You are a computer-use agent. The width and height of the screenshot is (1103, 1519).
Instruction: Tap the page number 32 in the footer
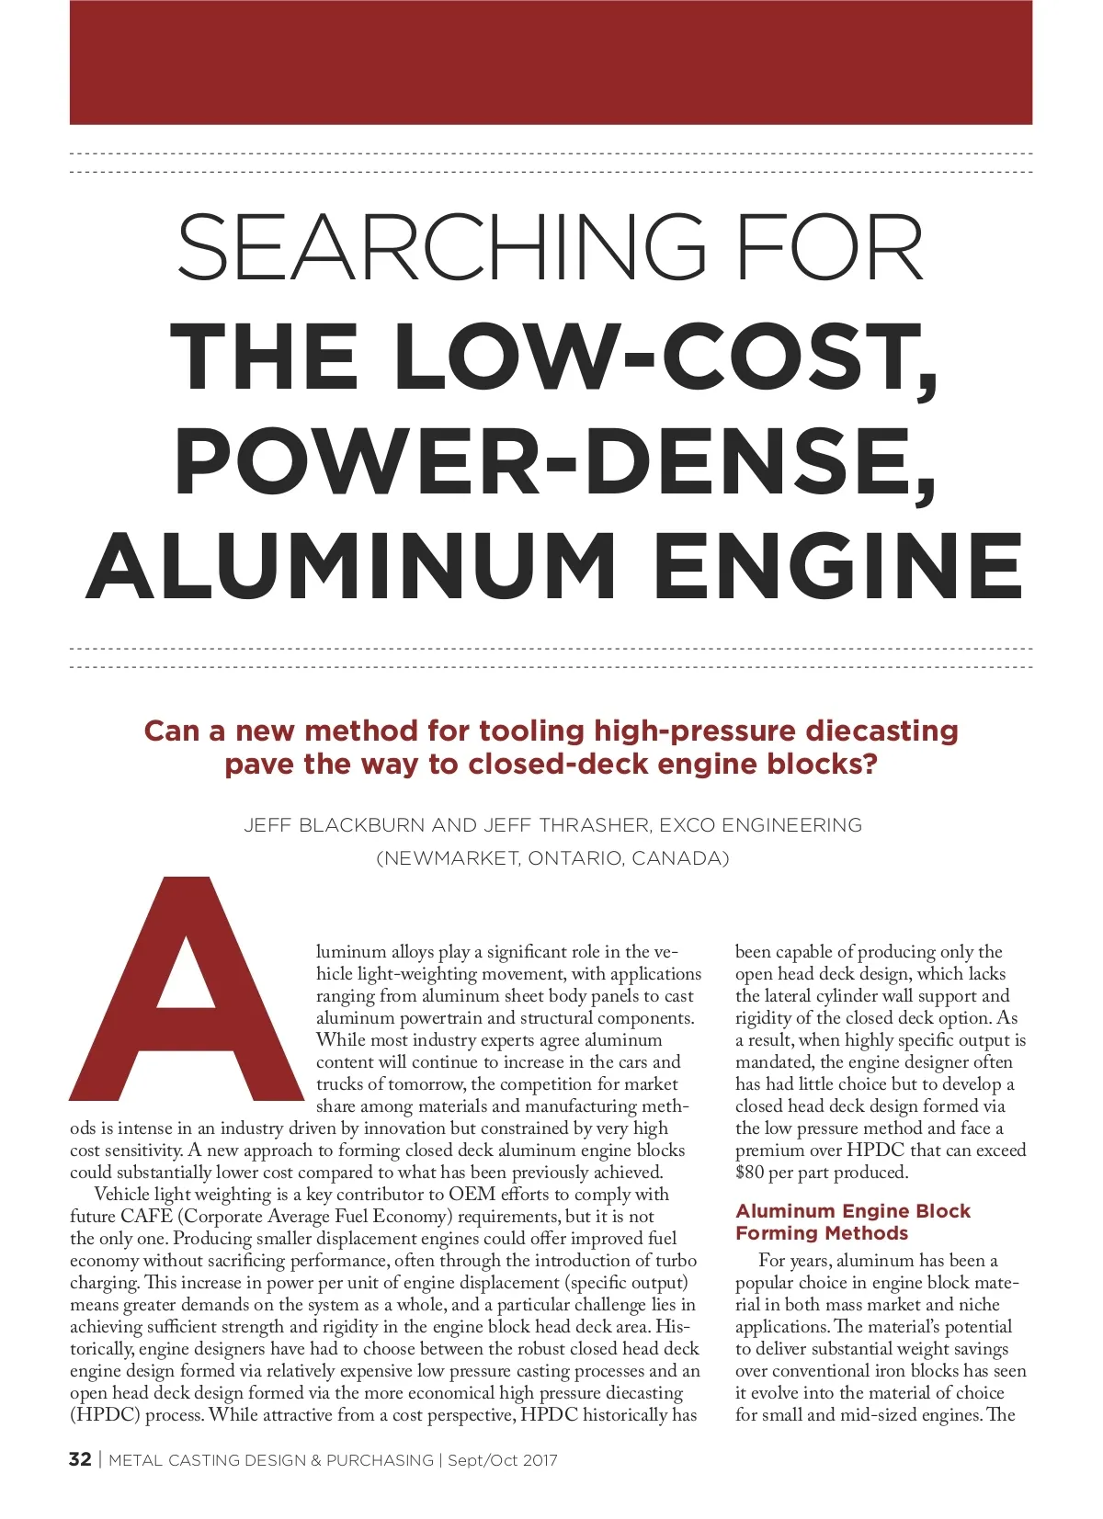click(x=80, y=1460)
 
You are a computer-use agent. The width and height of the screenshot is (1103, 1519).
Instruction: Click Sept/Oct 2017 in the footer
click(x=503, y=1460)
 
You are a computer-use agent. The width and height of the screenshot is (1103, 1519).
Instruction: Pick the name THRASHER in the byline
click(x=589, y=825)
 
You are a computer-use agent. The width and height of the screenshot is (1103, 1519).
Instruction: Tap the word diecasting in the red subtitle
click(x=881, y=731)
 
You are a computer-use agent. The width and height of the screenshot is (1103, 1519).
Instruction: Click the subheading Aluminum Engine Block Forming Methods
click(x=852, y=1222)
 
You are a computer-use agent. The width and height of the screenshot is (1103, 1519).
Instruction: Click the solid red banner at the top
click(x=551, y=62)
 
